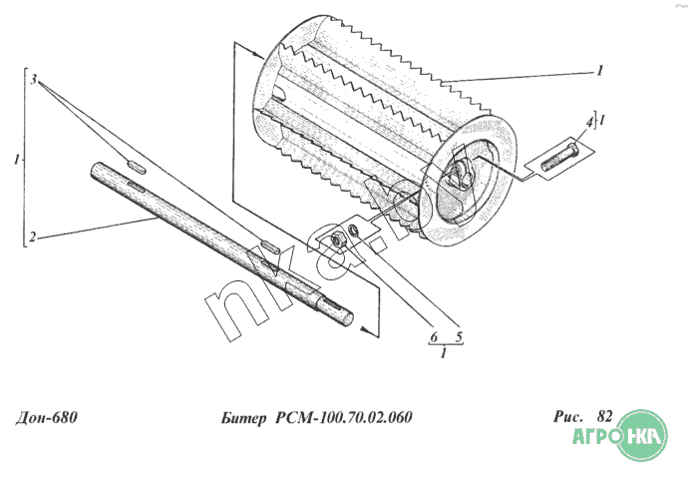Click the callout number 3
tap(33, 80)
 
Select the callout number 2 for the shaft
tap(33, 237)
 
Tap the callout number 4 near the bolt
tap(589, 123)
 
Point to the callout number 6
tap(434, 337)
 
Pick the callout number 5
tap(459, 337)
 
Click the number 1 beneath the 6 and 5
tap(444, 352)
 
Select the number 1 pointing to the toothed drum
tap(600, 70)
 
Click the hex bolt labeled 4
tap(559, 158)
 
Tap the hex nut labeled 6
tap(337, 241)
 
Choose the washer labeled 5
tap(353, 230)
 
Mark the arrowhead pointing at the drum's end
tap(259, 55)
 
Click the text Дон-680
tap(47, 417)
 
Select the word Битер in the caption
tap(243, 417)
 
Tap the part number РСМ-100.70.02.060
tap(344, 417)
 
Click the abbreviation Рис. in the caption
tap(568, 416)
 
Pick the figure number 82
tap(604, 416)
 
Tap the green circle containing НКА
tap(642, 434)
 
